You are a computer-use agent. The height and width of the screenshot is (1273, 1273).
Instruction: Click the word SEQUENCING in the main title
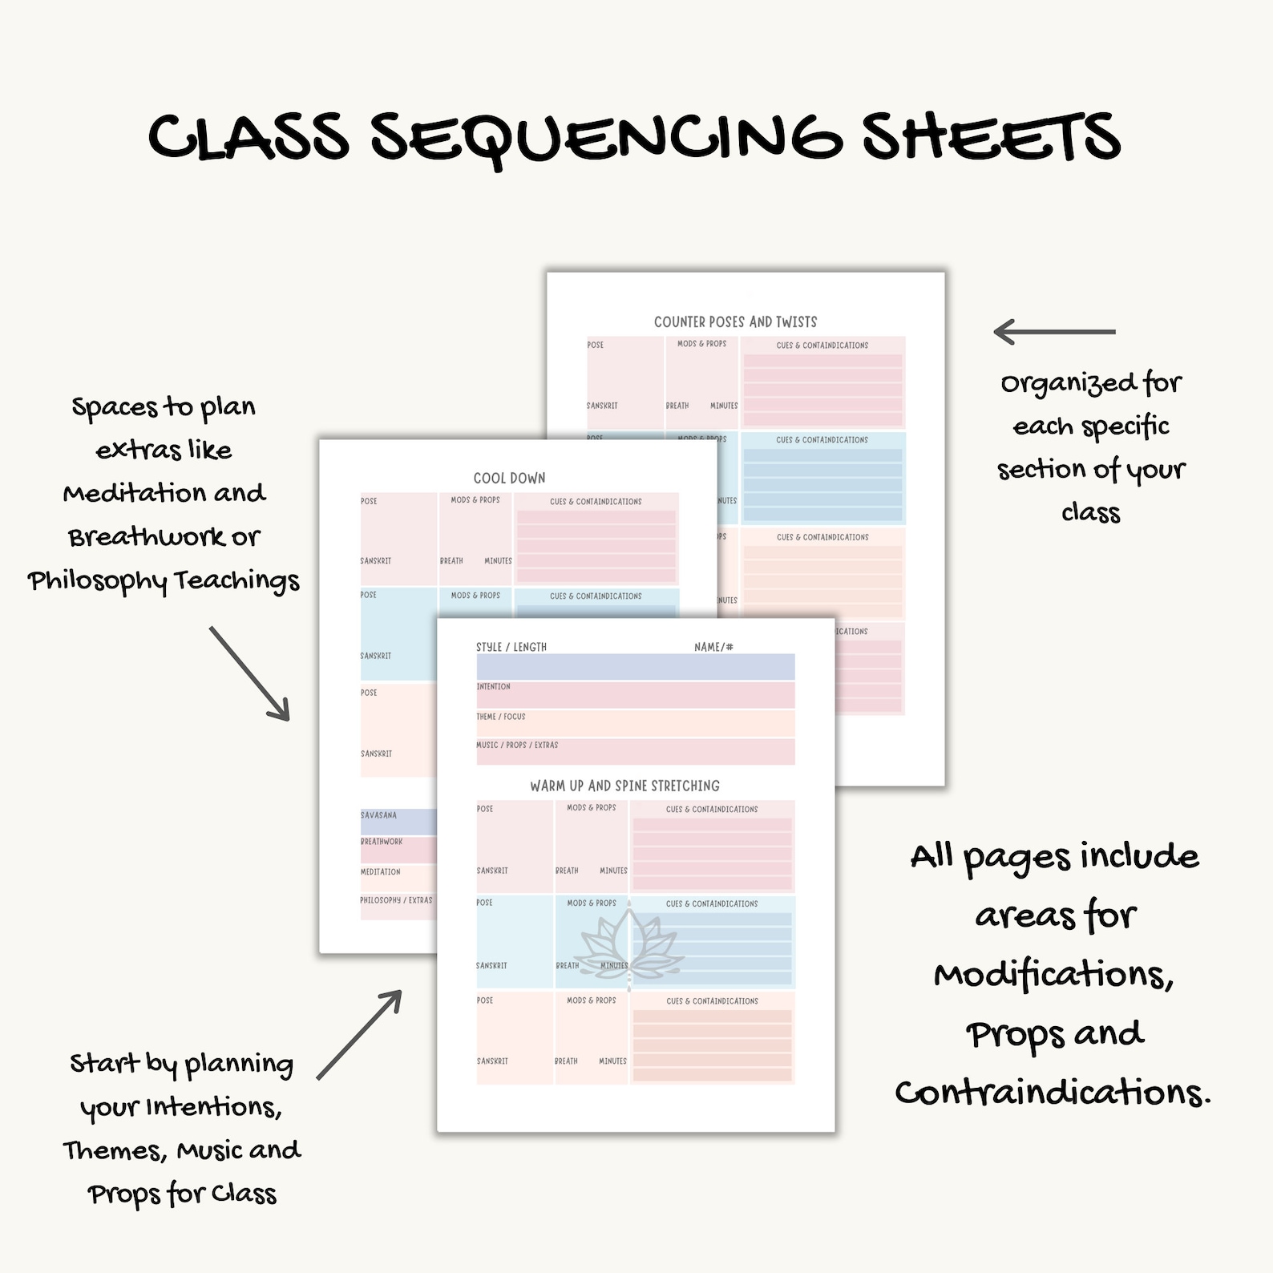pyautogui.click(x=605, y=138)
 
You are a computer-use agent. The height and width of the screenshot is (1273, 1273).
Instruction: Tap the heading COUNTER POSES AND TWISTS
pyautogui.click(x=735, y=321)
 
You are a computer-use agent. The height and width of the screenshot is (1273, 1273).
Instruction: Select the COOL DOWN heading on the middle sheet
pyautogui.click(x=509, y=478)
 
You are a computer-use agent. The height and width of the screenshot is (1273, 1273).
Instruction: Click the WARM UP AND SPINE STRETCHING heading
pyautogui.click(x=624, y=786)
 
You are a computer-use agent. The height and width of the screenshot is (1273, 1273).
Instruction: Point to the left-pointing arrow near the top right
pyautogui.click(x=1053, y=331)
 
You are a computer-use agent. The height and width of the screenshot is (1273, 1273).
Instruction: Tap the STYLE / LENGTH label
pyautogui.click(x=511, y=647)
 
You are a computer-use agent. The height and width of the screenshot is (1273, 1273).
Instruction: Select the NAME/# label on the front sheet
pyautogui.click(x=713, y=647)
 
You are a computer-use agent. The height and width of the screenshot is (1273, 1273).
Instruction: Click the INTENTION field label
pyautogui.click(x=493, y=687)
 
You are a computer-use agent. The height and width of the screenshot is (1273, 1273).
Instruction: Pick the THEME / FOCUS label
pyautogui.click(x=500, y=717)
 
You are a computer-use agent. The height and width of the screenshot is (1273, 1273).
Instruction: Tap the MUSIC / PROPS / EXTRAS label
pyautogui.click(x=517, y=745)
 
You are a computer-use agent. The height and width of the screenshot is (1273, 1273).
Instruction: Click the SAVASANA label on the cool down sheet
pyautogui.click(x=378, y=815)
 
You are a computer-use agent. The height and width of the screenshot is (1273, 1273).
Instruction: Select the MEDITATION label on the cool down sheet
pyautogui.click(x=380, y=871)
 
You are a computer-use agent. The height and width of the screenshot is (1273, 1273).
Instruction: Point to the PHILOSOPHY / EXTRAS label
pyautogui.click(x=396, y=900)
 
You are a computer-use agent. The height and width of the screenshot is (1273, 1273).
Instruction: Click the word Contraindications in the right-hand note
pyautogui.click(x=1052, y=1092)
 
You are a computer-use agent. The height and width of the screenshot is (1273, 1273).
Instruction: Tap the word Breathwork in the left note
pyautogui.click(x=147, y=536)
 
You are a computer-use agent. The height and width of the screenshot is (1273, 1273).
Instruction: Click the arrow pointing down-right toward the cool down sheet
pyautogui.click(x=249, y=673)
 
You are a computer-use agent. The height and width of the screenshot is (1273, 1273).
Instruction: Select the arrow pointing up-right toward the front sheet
pyautogui.click(x=359, y=1034)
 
